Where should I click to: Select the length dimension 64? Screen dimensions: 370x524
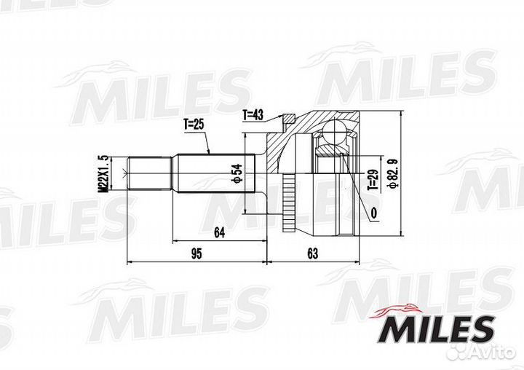coord(218,232)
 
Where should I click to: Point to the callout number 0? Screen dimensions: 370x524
coord(373,213)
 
